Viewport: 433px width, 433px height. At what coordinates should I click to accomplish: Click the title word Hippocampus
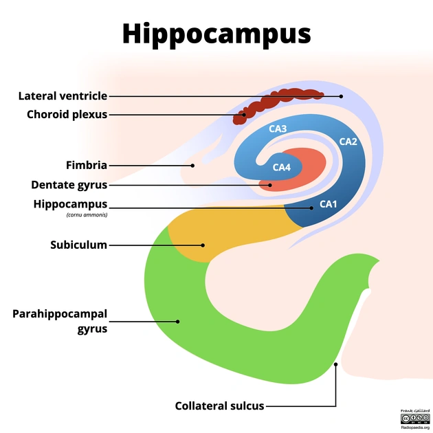(x=216, y=33)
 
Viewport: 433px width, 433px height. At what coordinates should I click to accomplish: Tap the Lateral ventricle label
(x=63, y=96)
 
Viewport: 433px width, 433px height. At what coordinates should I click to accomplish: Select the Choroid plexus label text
(x=67, y=114)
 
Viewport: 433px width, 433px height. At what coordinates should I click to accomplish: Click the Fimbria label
(x=86, y=165)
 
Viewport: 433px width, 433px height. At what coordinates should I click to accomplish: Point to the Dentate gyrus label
(x=69, y=185)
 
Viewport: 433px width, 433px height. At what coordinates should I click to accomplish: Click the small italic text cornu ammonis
(x=87, y=214)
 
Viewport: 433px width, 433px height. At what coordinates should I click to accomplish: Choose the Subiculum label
(x=78, y=245)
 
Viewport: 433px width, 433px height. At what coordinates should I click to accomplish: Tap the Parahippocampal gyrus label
(x=60, y=321)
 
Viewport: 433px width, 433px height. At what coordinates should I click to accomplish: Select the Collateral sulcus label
(x=219, y=406)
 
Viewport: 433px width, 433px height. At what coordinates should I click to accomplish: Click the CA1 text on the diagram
(x=328, y=204)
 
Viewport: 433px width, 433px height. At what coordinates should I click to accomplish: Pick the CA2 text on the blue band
(x=348, y=142)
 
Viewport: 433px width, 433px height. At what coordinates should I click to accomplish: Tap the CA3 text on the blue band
(x=278, y=129)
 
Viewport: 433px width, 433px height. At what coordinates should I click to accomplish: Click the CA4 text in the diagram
(x=282, y=167)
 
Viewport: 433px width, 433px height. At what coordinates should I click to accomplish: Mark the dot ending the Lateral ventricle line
(x=342, y=96)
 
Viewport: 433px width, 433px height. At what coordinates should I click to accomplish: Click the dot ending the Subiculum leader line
(x=203, y=245)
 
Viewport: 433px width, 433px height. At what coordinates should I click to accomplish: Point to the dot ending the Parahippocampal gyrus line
(x=177, y=321)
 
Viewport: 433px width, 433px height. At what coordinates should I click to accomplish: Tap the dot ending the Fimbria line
(x=193, y=165)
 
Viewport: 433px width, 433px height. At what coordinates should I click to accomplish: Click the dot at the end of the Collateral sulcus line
(x=335, y=364)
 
